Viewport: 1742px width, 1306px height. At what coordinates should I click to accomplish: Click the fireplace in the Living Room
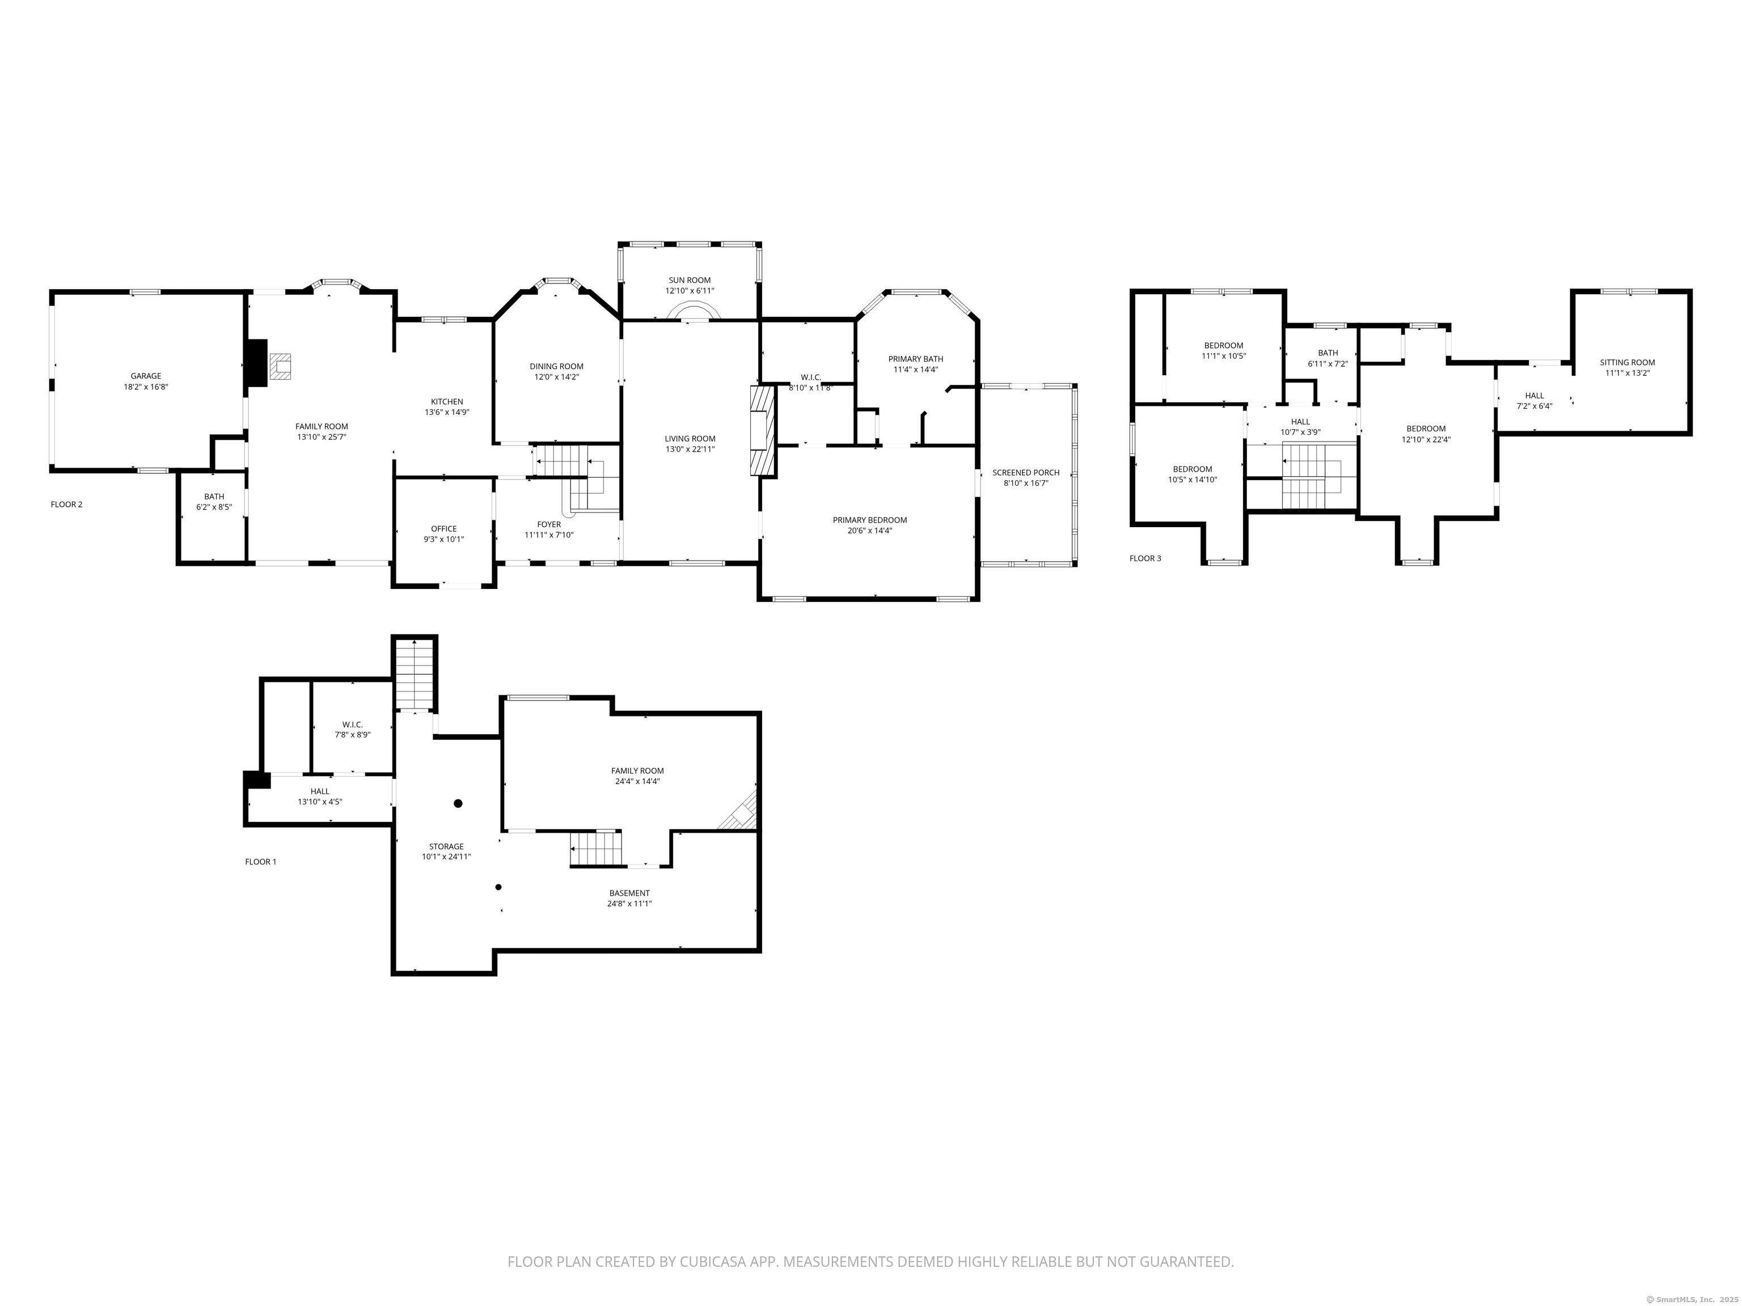(x=762, y=431)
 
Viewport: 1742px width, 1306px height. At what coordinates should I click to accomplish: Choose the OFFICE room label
(x=443, y=529)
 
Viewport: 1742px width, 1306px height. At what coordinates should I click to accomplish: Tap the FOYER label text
(x=549, y=524)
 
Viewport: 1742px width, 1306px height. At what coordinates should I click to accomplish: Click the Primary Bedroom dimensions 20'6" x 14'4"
(x=869, y=531)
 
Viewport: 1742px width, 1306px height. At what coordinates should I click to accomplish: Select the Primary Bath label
(x=915, y=359)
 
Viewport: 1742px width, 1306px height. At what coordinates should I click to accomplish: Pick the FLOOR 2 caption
(x=66, y=504)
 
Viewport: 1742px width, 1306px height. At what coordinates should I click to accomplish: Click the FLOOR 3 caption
(x=1144, y=558)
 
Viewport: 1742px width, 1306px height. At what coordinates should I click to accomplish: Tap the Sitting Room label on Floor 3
(x=1627, y=363)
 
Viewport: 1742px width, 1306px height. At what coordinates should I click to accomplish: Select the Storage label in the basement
(x=446, y=846)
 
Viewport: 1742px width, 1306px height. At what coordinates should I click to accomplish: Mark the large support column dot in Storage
(x=458, y=803)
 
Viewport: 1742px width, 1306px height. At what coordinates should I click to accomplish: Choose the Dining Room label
(x=556, y=366)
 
